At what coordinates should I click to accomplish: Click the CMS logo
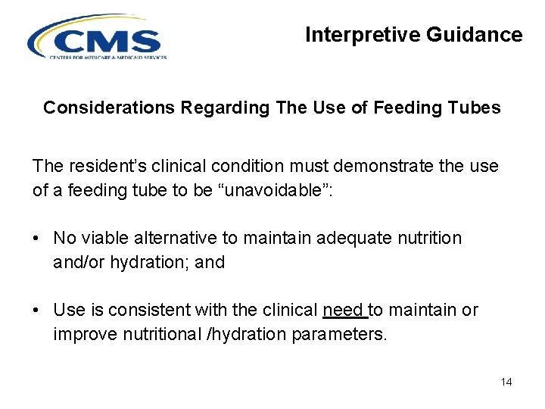tap(97, 38)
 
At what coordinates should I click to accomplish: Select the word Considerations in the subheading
tap(109, 108)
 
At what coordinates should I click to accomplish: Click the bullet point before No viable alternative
tap(36, 238)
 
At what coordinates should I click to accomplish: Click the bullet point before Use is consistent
tap(36, 311)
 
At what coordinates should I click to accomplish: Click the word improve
tap(81, 333)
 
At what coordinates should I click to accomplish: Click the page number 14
tap(506, 382)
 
